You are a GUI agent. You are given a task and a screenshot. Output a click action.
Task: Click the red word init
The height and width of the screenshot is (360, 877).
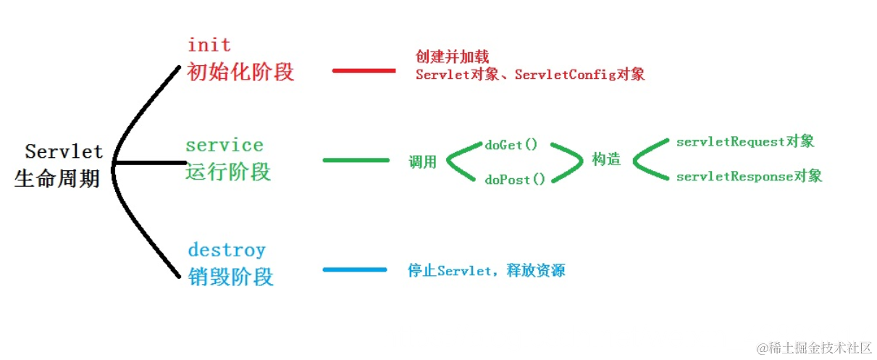click(209, 45)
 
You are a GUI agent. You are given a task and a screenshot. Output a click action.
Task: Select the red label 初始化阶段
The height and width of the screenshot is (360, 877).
click(240, 72)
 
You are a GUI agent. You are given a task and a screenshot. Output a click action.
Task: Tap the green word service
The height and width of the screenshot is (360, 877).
click(225, 145)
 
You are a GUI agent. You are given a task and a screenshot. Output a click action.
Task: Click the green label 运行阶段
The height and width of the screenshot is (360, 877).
click(228, 172)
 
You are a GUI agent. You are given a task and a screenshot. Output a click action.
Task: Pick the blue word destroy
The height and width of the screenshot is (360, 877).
click(227, 251)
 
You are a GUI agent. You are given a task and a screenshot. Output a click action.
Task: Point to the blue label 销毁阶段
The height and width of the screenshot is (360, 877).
click(230, 277)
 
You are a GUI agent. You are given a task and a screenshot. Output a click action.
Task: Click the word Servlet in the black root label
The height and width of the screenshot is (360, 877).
click(64, 152)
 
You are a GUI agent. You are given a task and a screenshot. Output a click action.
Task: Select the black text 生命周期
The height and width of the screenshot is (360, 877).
click(57, 178)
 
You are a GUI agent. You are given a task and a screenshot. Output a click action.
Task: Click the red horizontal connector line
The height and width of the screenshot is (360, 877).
click(364, 70)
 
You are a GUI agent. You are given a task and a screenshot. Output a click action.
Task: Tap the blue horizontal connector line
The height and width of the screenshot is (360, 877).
click(355, 270)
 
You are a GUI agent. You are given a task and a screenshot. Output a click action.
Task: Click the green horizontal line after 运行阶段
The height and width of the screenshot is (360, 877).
click(356, 159)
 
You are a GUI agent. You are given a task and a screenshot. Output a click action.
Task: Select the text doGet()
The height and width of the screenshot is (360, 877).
click(511, 145)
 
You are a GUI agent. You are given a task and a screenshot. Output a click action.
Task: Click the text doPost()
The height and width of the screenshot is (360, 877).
click(514, 179)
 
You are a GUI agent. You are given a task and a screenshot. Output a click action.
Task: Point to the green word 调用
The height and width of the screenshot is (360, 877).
click(423, 162)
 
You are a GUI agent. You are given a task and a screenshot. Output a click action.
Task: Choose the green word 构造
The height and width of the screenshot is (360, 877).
click(606, 160)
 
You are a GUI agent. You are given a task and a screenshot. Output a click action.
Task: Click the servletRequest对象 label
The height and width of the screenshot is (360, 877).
click(745, 142)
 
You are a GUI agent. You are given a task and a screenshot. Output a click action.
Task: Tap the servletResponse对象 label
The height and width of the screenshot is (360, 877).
click(749, 176)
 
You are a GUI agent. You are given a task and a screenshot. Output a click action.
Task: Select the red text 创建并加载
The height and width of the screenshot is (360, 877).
click(452, 56)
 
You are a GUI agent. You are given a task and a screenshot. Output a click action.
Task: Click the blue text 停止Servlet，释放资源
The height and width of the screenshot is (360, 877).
click(486, 271)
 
